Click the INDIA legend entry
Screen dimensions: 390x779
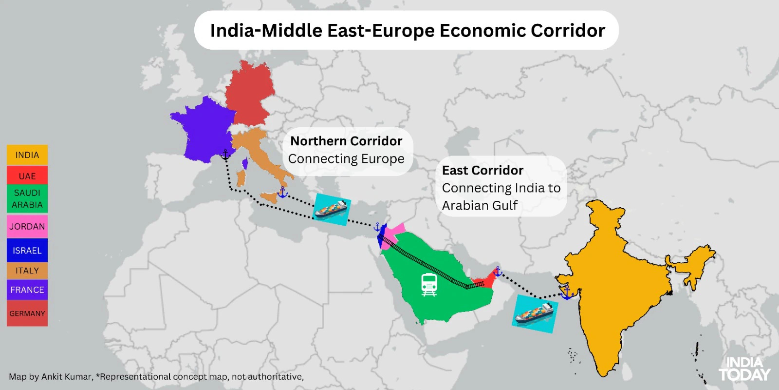click(27, 155)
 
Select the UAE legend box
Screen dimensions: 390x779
click(27, 176)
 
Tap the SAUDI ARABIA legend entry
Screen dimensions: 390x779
click(27, 199)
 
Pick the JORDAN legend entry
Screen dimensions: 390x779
click(27, 226)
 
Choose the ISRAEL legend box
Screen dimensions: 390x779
click(27, 251)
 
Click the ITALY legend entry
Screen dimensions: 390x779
click(27, 271)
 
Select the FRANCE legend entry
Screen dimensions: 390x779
click(27, 290)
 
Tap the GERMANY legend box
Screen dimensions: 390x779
click(27, 313)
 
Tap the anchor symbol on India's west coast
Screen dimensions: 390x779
click(566, 292)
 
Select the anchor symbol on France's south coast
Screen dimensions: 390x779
click(225, 155)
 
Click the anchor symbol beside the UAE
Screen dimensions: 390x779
click(498, 271)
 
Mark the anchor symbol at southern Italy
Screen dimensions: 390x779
click(282, 193)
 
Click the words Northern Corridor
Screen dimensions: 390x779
click(346, 141)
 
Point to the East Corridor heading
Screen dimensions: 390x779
click(482, 170)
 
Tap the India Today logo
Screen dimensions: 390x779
click(744, 369)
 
